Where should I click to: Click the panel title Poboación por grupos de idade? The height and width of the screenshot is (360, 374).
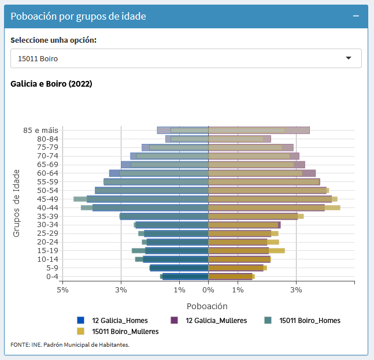[x=78, y=16]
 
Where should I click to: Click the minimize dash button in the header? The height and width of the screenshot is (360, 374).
[x=356, y=16]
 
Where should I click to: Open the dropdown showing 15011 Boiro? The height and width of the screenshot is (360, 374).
[x=186, y=58]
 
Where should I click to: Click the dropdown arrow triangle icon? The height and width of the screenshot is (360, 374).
[x=349, y=58]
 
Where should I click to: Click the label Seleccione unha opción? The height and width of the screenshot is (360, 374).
[x=53, y=40]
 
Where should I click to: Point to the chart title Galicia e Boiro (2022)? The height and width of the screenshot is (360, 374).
[x=51, y=84]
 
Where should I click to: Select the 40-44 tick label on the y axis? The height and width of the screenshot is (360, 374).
[x=47, y=207]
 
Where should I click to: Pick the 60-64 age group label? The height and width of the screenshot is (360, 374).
[x=47, y=173]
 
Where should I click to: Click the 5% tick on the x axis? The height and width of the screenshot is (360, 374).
[x=62, y=290]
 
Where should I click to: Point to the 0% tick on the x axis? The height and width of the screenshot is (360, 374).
[x=208, y=290]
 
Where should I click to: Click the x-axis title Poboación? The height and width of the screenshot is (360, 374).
[x=207, y=306]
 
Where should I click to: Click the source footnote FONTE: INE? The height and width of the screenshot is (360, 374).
[x=70, y=344]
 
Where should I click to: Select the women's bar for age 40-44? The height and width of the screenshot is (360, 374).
[x=272, y=207]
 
